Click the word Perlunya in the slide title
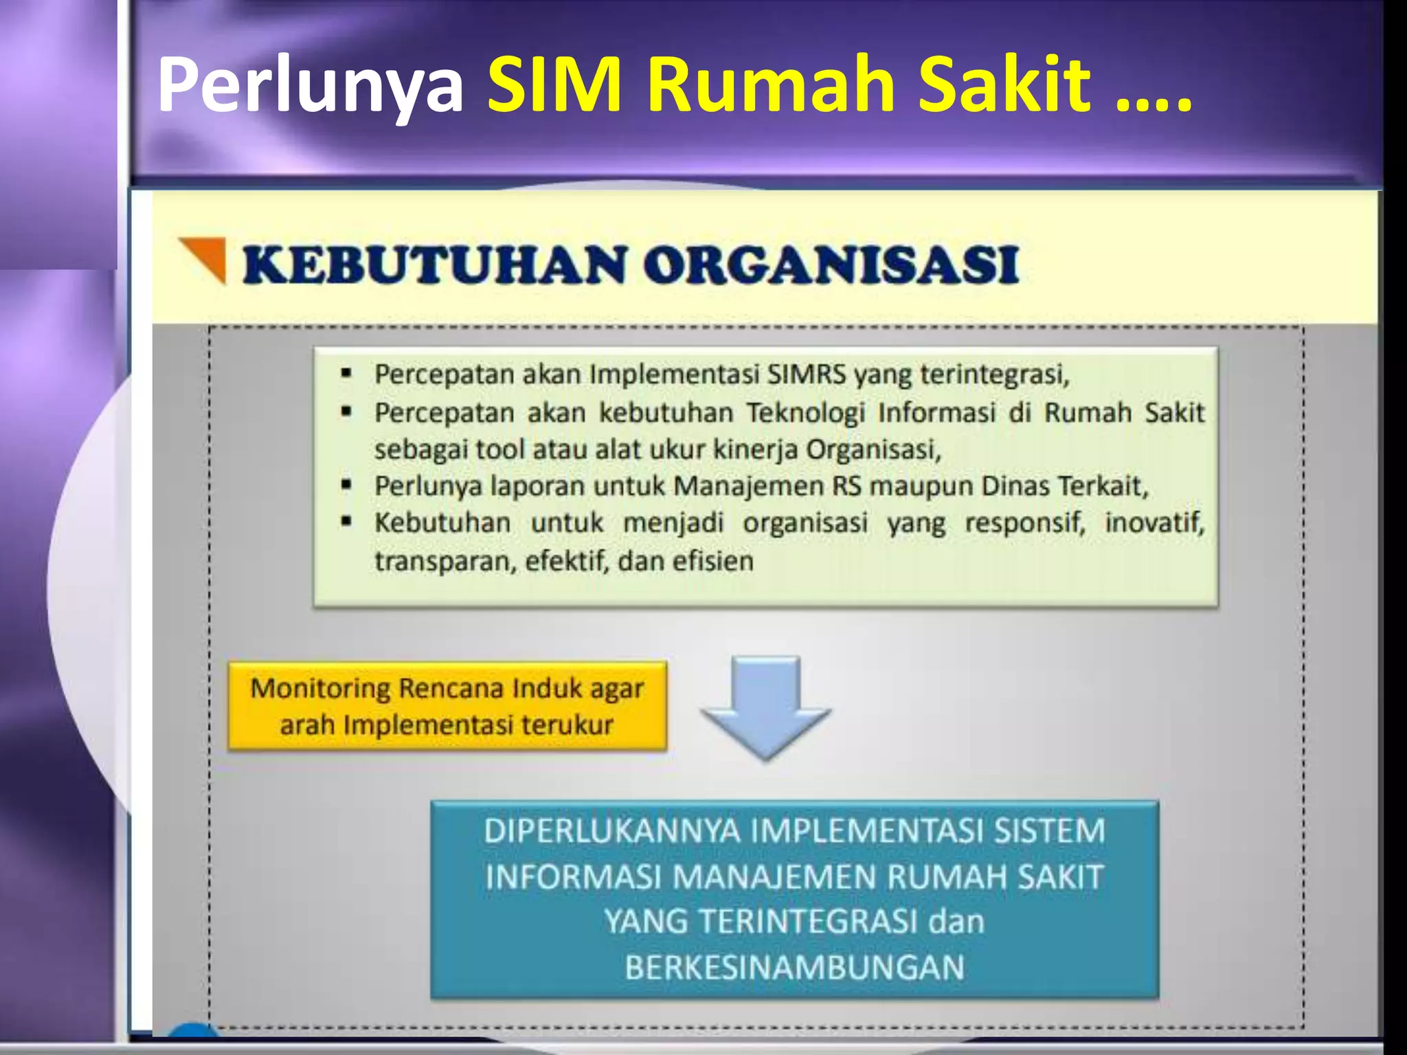click(x=311, y=86)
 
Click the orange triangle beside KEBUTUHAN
click(x=205, y=257)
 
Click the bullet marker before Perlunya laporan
click(x=347, y=486)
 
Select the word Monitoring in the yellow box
click(x=320, y=688)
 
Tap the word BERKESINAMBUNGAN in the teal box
click(x=795, y=967)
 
